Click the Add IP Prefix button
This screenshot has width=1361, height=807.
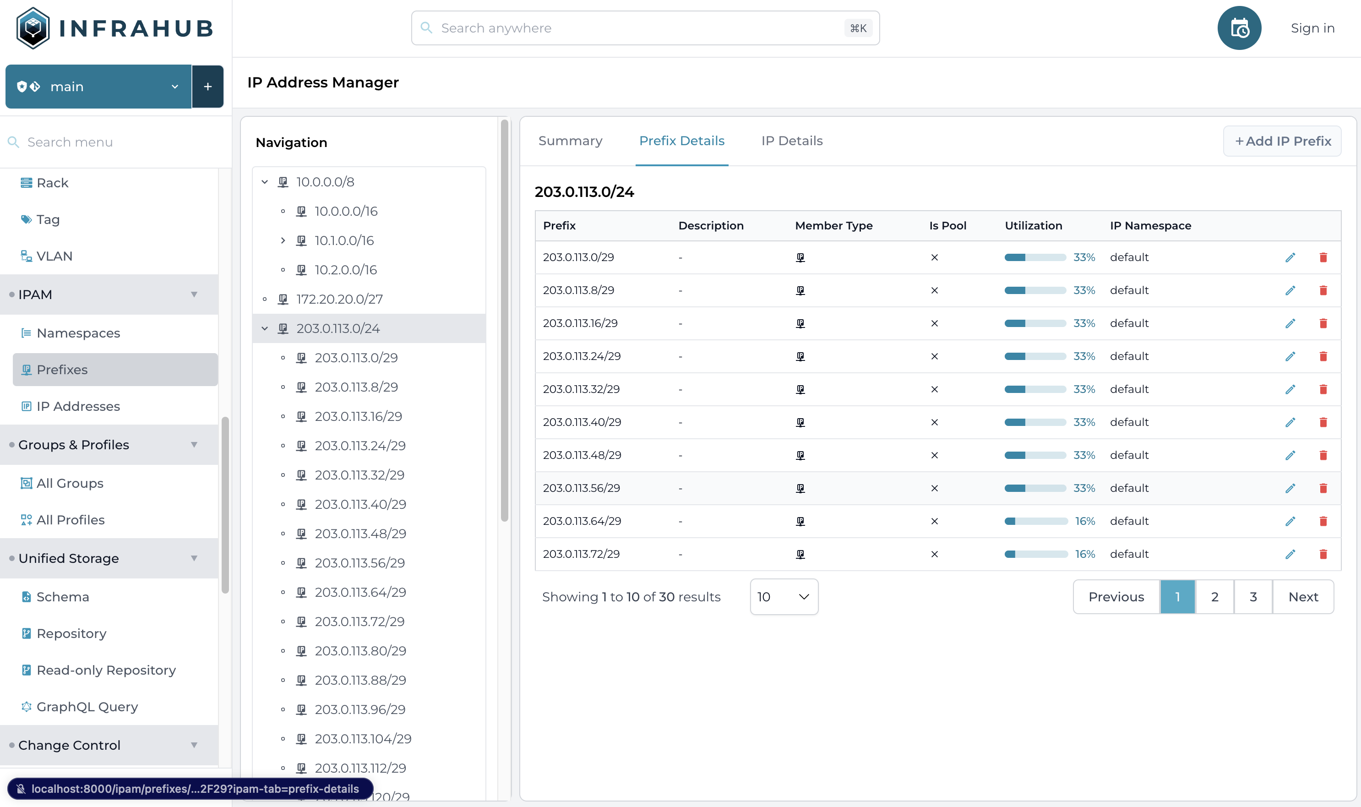1282,142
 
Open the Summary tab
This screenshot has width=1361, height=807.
570,141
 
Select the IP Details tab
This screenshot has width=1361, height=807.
792,141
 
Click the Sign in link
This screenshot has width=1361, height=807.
1312,28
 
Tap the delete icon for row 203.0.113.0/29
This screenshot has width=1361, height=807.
1323,258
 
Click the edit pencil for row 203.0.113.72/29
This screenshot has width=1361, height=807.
1290,554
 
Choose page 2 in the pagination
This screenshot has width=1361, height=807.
1214,597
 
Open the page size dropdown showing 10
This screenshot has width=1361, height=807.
784,597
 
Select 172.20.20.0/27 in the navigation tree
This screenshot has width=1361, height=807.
339,299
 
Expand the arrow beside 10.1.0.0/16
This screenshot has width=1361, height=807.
283,240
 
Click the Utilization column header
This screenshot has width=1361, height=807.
1033,226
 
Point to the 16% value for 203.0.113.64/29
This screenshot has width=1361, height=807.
1085,521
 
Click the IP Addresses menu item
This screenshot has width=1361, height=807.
78,406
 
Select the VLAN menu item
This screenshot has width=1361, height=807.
54,256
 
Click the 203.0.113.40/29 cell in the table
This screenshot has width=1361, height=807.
582,422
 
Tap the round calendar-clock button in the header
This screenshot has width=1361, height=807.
1239,28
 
